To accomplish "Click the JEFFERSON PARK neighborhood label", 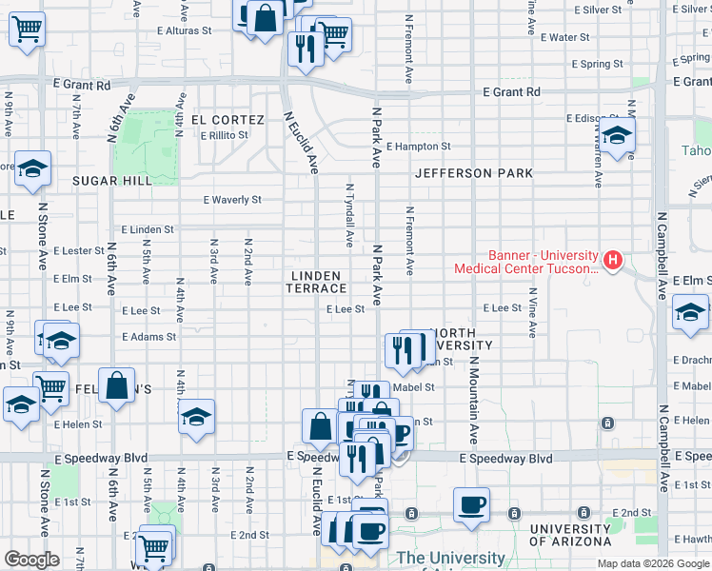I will pos(473,173).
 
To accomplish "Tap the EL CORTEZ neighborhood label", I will pos(227,120).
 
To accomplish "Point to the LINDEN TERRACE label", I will pos(318,282).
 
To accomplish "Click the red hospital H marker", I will pos(613,258).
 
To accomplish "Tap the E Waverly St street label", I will pos(232,200).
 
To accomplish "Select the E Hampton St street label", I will pos(420,147).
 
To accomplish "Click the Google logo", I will pos(32,559).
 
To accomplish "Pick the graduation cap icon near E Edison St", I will pos(617,136).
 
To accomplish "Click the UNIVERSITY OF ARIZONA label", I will pos(570,535).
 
